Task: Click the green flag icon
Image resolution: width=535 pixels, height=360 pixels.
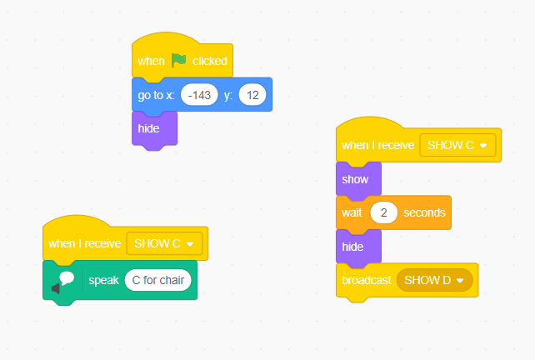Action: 179,60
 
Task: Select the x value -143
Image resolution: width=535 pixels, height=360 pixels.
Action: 199,95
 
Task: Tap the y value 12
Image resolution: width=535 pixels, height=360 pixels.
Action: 252,95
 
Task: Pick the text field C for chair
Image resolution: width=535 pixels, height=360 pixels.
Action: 158,280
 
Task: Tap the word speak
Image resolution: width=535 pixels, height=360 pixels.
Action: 103,281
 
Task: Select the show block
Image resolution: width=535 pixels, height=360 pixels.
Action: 358,180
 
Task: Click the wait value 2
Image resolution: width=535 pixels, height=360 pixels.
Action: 384,212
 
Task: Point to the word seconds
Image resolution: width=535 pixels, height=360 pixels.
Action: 424,212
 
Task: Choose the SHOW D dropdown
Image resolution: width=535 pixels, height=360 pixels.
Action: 435,280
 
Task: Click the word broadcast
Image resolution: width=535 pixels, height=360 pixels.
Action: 367,280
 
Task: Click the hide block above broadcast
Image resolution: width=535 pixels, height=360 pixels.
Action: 358,247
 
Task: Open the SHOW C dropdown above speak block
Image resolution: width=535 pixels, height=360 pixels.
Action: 164,243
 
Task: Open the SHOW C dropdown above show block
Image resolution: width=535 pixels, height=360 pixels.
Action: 457,145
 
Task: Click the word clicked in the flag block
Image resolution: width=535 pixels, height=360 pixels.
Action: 210,61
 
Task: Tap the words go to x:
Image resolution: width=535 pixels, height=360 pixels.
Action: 156,95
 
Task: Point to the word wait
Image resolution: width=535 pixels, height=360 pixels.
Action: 352,212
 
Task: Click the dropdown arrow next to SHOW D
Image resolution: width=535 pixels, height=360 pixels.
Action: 460,281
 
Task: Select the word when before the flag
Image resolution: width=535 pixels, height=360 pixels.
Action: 151,61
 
